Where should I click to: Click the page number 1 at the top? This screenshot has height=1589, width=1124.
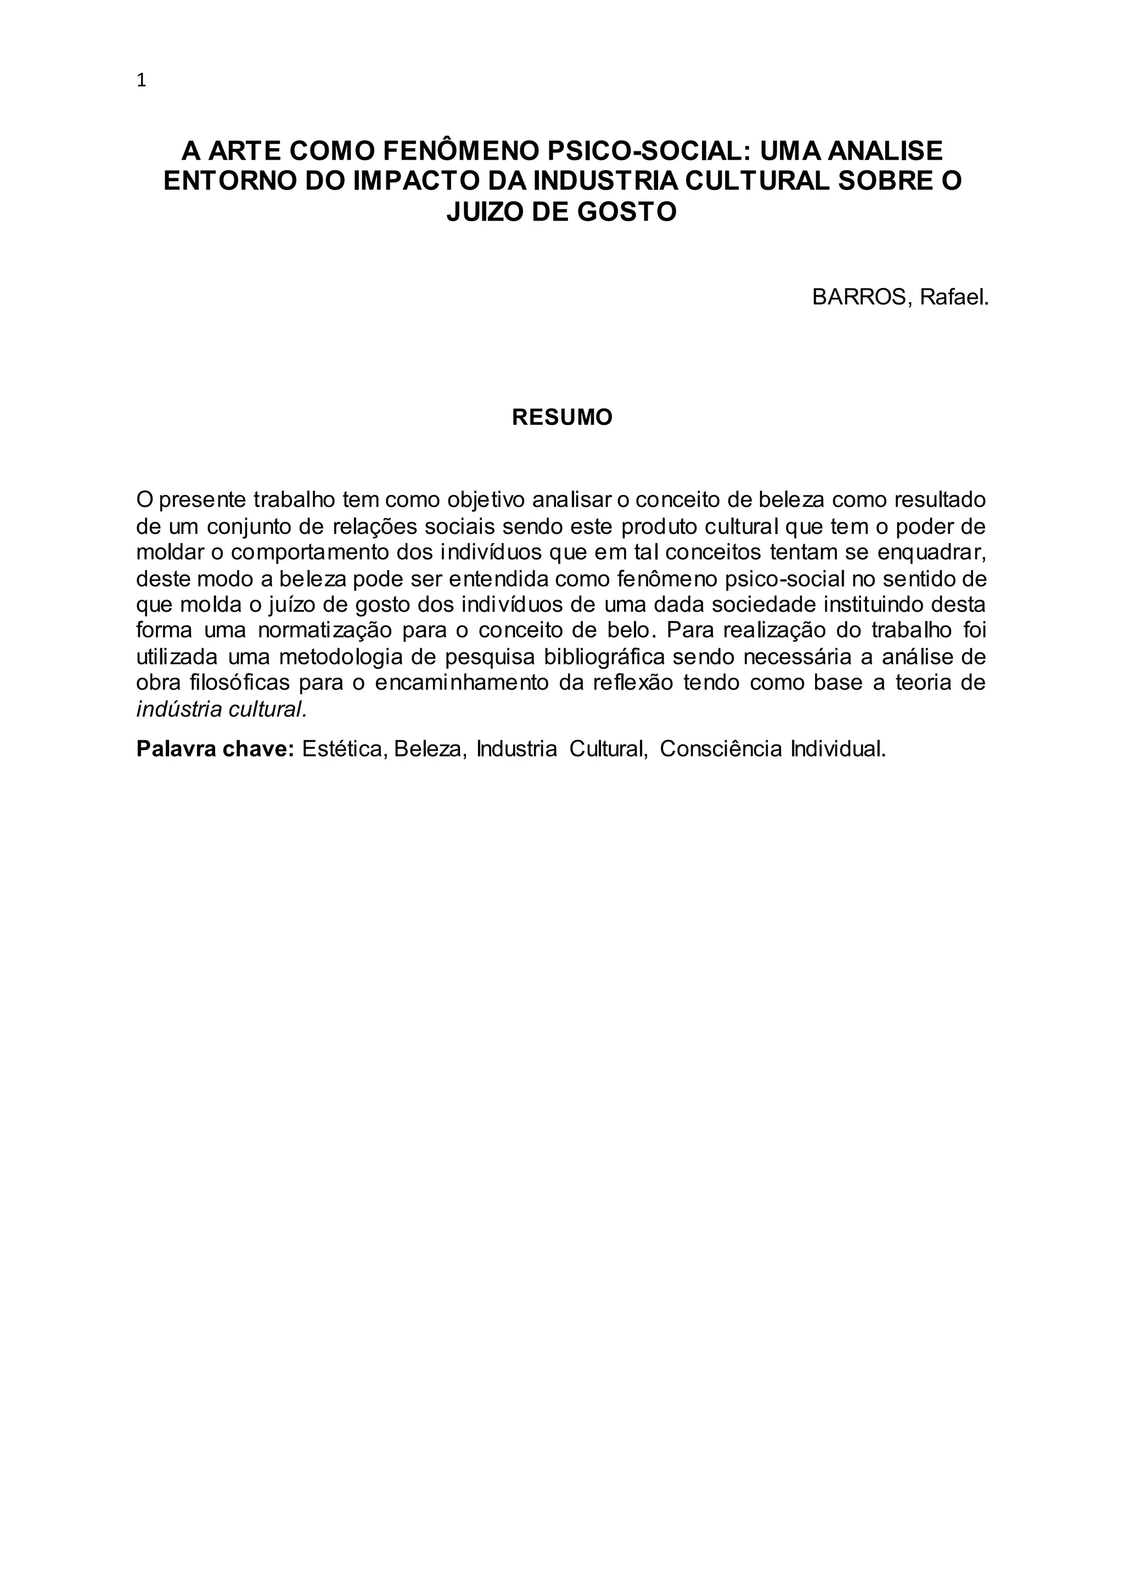[x=142, y=81]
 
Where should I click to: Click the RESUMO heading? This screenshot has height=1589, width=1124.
[x=562, y=418]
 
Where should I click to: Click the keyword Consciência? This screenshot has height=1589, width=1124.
[x=722, y=749]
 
